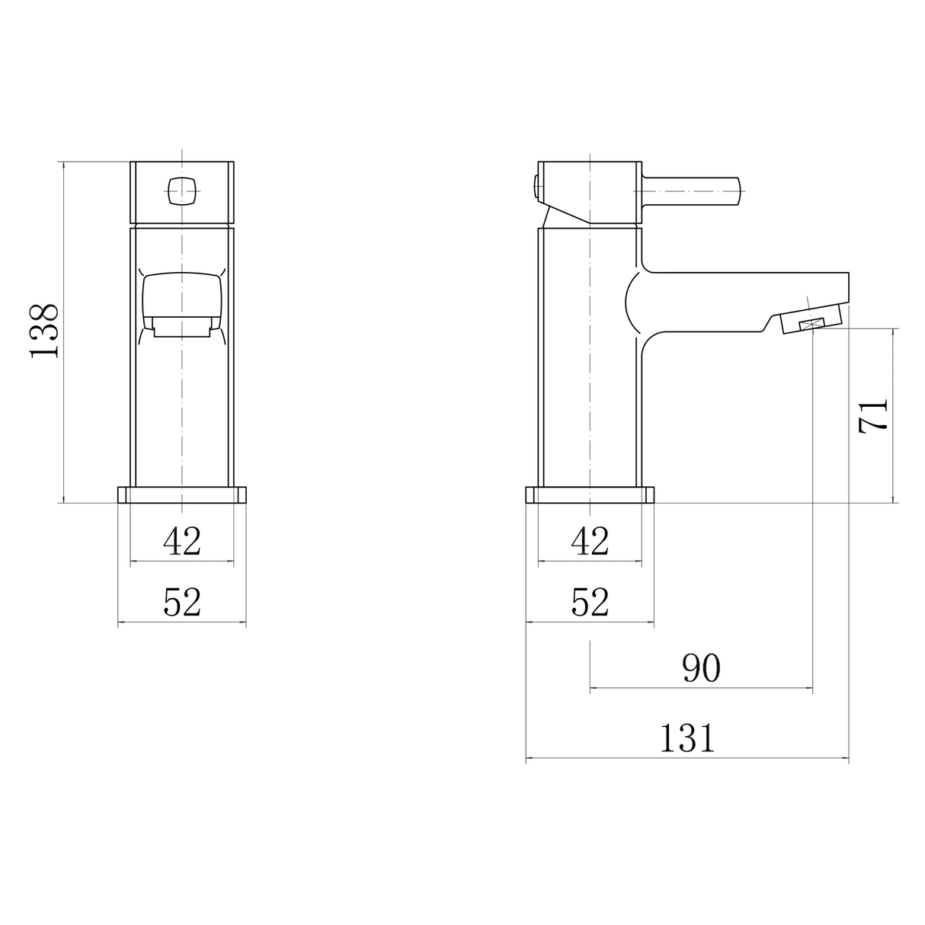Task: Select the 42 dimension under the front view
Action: [182, 542]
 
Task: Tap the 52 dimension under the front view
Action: [182, 603]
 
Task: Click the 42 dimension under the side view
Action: [590, 542]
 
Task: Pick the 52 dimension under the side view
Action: [590, 603]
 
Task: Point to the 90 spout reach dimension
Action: [701, 668]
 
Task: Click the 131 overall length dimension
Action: [687, 738]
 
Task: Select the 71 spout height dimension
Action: [873, 416]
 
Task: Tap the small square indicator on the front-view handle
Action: [181, 190]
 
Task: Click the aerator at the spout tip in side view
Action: [811, 324]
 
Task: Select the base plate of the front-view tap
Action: [182, 495]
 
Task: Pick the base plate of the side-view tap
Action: [590, 495]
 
